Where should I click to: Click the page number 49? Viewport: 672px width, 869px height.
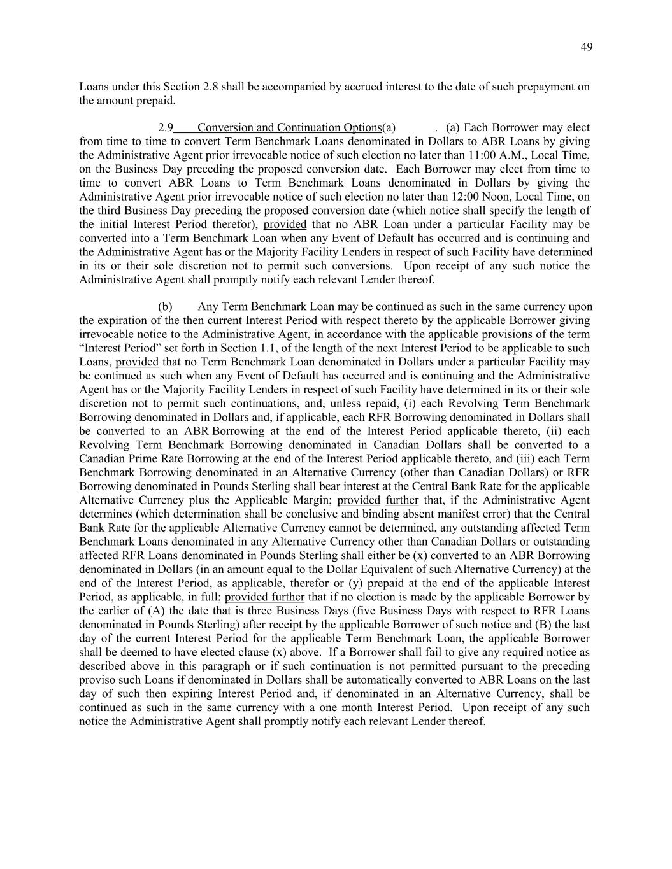click(587, 47)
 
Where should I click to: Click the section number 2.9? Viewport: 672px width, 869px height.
click(165, 127)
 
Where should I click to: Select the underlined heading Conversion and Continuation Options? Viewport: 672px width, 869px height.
click(289, 127)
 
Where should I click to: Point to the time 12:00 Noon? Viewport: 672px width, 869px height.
click(511, 197)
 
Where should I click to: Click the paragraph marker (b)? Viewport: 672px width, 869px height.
click(165, 307)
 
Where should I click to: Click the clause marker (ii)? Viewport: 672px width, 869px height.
click(556, 431)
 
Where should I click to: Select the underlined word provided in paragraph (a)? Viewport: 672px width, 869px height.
click(285, 224)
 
